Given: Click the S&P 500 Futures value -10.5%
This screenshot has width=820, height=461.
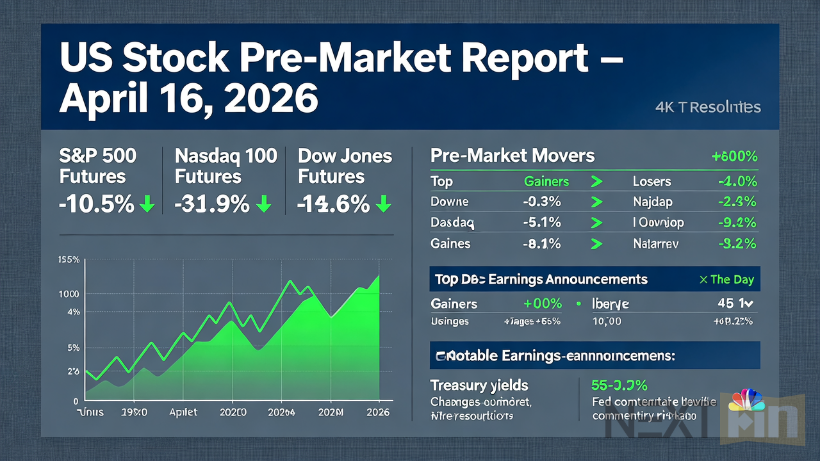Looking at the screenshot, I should point(96,204).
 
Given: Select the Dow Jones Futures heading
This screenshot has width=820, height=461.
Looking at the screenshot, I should point(345,166).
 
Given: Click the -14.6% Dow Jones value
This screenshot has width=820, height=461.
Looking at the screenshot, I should point(333,204).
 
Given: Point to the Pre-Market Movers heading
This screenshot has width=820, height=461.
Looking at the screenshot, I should point(512,156).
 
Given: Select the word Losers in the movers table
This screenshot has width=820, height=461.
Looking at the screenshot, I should point(652,182).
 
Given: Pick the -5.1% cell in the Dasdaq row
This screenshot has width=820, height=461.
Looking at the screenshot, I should point(542,223).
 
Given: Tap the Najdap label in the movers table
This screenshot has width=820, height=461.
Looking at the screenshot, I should point(653,202).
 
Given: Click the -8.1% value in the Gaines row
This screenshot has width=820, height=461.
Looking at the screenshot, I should point(542,243).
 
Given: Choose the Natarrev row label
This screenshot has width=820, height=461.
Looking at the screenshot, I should point(657,243).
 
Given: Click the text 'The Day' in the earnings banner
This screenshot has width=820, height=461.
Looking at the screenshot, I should point(732,279).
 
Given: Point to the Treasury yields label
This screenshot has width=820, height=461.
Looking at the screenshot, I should point(479,385).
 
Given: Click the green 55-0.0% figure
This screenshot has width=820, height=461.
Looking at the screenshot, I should point(619,385).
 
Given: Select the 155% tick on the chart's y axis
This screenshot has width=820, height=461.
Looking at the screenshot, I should point(68,260).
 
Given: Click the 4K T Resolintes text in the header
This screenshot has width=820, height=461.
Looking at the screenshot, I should point(708,107).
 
